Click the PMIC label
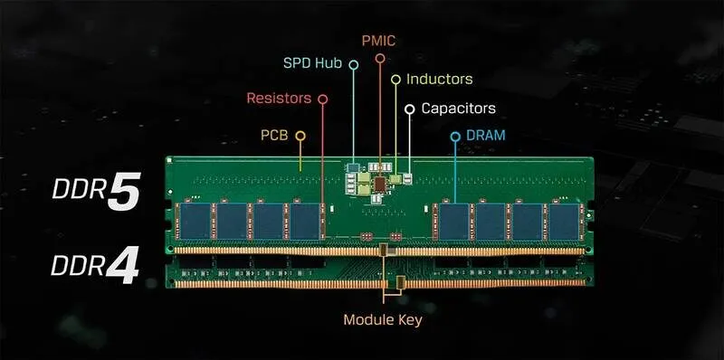pos(377,41)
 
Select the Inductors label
pos(439,80)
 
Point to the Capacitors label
pos(458,109)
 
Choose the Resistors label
pos(278,98)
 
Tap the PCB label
pos(274,136)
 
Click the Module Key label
pos(382,319)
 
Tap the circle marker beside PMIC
pos(380,58)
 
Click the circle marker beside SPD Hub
pos(354,65)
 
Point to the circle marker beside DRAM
pos(455,136)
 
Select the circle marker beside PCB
pos(300,136)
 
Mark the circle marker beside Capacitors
pos(410,109)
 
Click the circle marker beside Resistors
pos(323,98)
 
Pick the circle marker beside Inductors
pos(395,80)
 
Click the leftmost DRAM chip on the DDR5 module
pos(194,222)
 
